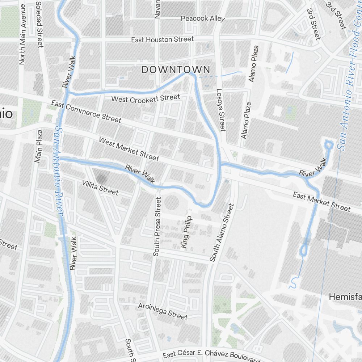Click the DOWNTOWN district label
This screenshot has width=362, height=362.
pos(176,70)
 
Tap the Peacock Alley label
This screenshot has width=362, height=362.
pos(203,18)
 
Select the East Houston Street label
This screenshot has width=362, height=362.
pos(163,39)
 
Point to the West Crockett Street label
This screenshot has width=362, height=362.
pos(146,98)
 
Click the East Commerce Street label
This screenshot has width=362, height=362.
pos(86,111)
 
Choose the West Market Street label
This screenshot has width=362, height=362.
pos(129,149)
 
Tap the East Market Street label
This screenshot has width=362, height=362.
pos(322,202)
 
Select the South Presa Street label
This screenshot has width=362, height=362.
pos(157,227)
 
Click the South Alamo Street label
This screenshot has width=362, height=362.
pos(222,232)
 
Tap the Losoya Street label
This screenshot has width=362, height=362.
pos(220,110)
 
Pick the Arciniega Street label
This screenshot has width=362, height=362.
pos(163,311)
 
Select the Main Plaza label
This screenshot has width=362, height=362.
pos(39,146)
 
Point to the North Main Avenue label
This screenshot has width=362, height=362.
pos(22,35)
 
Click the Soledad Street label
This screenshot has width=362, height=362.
pos(39,24)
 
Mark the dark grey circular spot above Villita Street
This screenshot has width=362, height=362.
pos(102,178)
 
